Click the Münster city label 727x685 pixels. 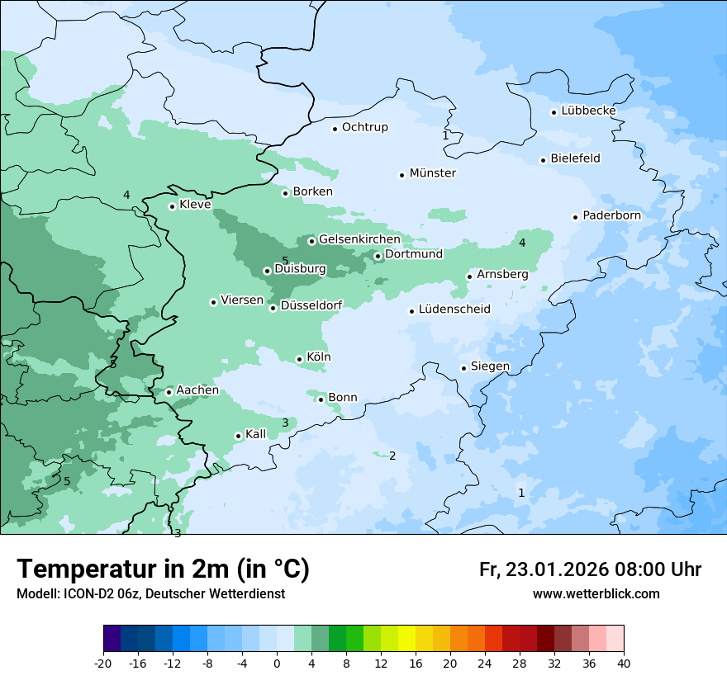click(x=432, y=173)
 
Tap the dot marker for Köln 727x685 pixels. click(x=299, y=359)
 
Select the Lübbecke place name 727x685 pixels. click(x=588, y=111)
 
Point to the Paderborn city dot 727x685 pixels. click(x=575, y=217)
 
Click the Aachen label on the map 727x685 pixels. click(x=197, y=390)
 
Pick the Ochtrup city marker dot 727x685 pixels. click(x=335, y=128)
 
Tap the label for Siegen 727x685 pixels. click(x=490, y=366)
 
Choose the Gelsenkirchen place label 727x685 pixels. click(x=359, y=239)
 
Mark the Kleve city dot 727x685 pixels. click(x=172, y=206)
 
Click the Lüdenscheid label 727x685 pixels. click(x=454, y=309)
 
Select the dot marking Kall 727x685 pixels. click(x=238, y=436)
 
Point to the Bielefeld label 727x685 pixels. click(x=575, y=158)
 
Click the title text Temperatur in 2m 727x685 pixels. click(x=163, y=569)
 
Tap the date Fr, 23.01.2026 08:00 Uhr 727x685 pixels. click(x=590, y=569)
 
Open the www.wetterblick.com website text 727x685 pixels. click(x=596, y=594)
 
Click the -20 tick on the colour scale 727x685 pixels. click(x=103, y=664)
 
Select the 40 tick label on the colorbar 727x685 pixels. click(x=624, y=664)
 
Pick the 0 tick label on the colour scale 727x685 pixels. click(x=277, y=664)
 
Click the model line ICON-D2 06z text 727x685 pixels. click(x=150, y=594)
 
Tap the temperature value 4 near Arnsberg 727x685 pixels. click(x=522, y=243)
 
